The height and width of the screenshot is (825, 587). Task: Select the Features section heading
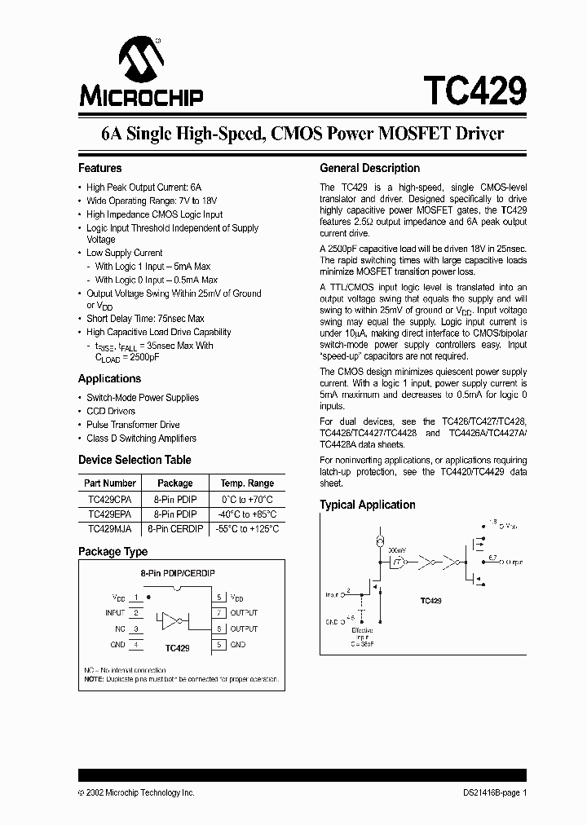(x=99, y=168)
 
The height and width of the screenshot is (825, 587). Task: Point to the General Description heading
(x=369, y=168)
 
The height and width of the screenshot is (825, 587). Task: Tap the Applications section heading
(x=109, y=378)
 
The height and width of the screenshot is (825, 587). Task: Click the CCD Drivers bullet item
(x=111, y=411)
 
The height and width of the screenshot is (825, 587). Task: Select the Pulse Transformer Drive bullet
(x=133, y=425)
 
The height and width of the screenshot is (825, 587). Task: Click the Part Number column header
(x=110, y=483)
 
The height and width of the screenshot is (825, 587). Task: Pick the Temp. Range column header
(x=247, y=483)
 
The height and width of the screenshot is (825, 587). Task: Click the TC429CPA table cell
(x=109, y=499)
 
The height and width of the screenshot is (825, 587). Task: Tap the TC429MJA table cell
(x=109, y=529)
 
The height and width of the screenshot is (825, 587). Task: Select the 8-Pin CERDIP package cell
(x=174, y=529)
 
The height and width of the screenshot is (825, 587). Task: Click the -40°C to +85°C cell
(x=247, y=514)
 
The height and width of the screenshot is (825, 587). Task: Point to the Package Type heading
(x=113, y=552)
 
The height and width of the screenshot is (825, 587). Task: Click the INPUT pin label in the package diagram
(x=115, y=612)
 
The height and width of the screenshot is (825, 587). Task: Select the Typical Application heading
(x=366, y=505)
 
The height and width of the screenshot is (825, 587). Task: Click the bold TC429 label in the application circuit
(x=431, y=600)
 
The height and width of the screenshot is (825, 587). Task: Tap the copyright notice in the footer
(x=136, y=792)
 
